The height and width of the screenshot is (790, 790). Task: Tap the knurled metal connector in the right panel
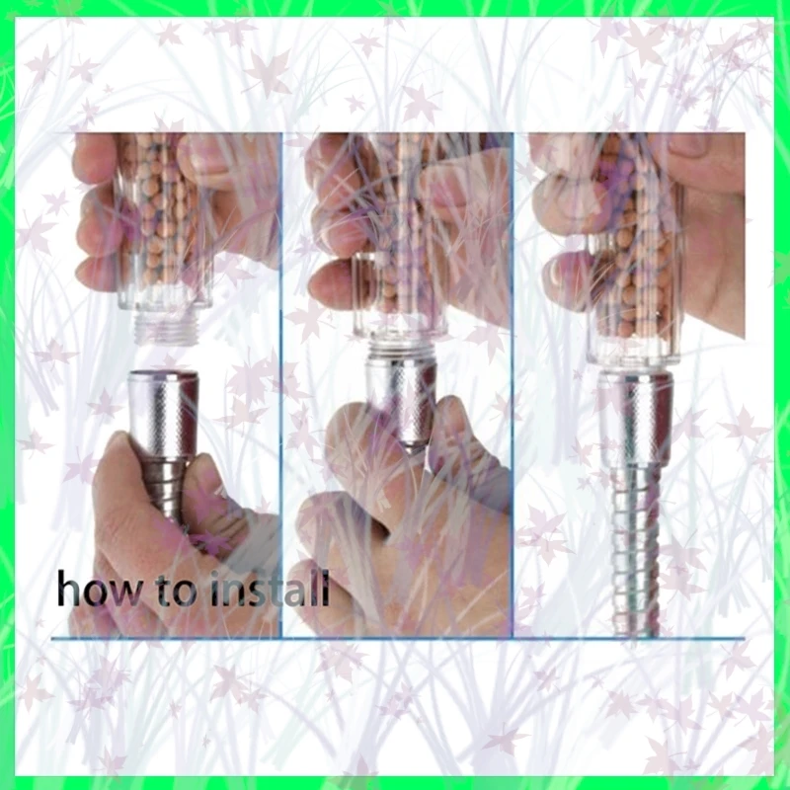pos(635,422)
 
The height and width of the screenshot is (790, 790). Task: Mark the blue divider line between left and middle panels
pos(281,385)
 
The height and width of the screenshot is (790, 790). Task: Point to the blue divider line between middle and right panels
pos(513,385)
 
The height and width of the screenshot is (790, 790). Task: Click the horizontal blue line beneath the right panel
pos(630,639)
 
